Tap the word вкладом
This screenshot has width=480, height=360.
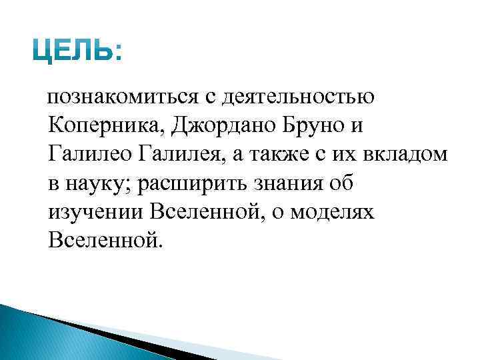407,154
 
